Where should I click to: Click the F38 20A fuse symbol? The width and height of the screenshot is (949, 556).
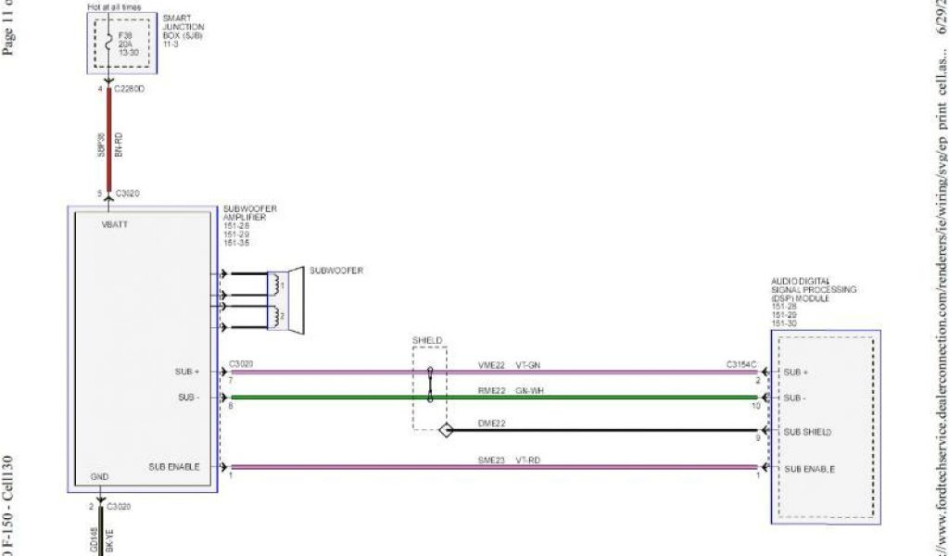(x=110, y=43)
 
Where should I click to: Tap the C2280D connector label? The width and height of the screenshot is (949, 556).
(x=130, y=90)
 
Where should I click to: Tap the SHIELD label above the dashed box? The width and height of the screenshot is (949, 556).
(x=428, y=340)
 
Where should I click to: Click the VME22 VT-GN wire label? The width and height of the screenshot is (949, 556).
(x=511, y=365)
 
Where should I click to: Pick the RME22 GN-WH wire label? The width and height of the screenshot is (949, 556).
(x=511, y=391)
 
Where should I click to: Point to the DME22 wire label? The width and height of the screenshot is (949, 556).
(x=491, y=423)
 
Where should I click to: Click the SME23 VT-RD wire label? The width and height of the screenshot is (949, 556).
(x=511, y=460)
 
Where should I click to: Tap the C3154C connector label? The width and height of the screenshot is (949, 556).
(x=742, y=365)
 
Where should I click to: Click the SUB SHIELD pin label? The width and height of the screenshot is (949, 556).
(x=809, y=432)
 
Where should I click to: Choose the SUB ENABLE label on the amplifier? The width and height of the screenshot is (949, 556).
(x=173, y=466)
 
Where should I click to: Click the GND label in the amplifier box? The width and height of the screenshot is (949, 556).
(x=100, y=477)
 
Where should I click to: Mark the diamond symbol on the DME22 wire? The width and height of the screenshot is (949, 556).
(x=446, y=431)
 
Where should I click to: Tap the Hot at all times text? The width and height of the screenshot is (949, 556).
(x=114, y=6)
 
